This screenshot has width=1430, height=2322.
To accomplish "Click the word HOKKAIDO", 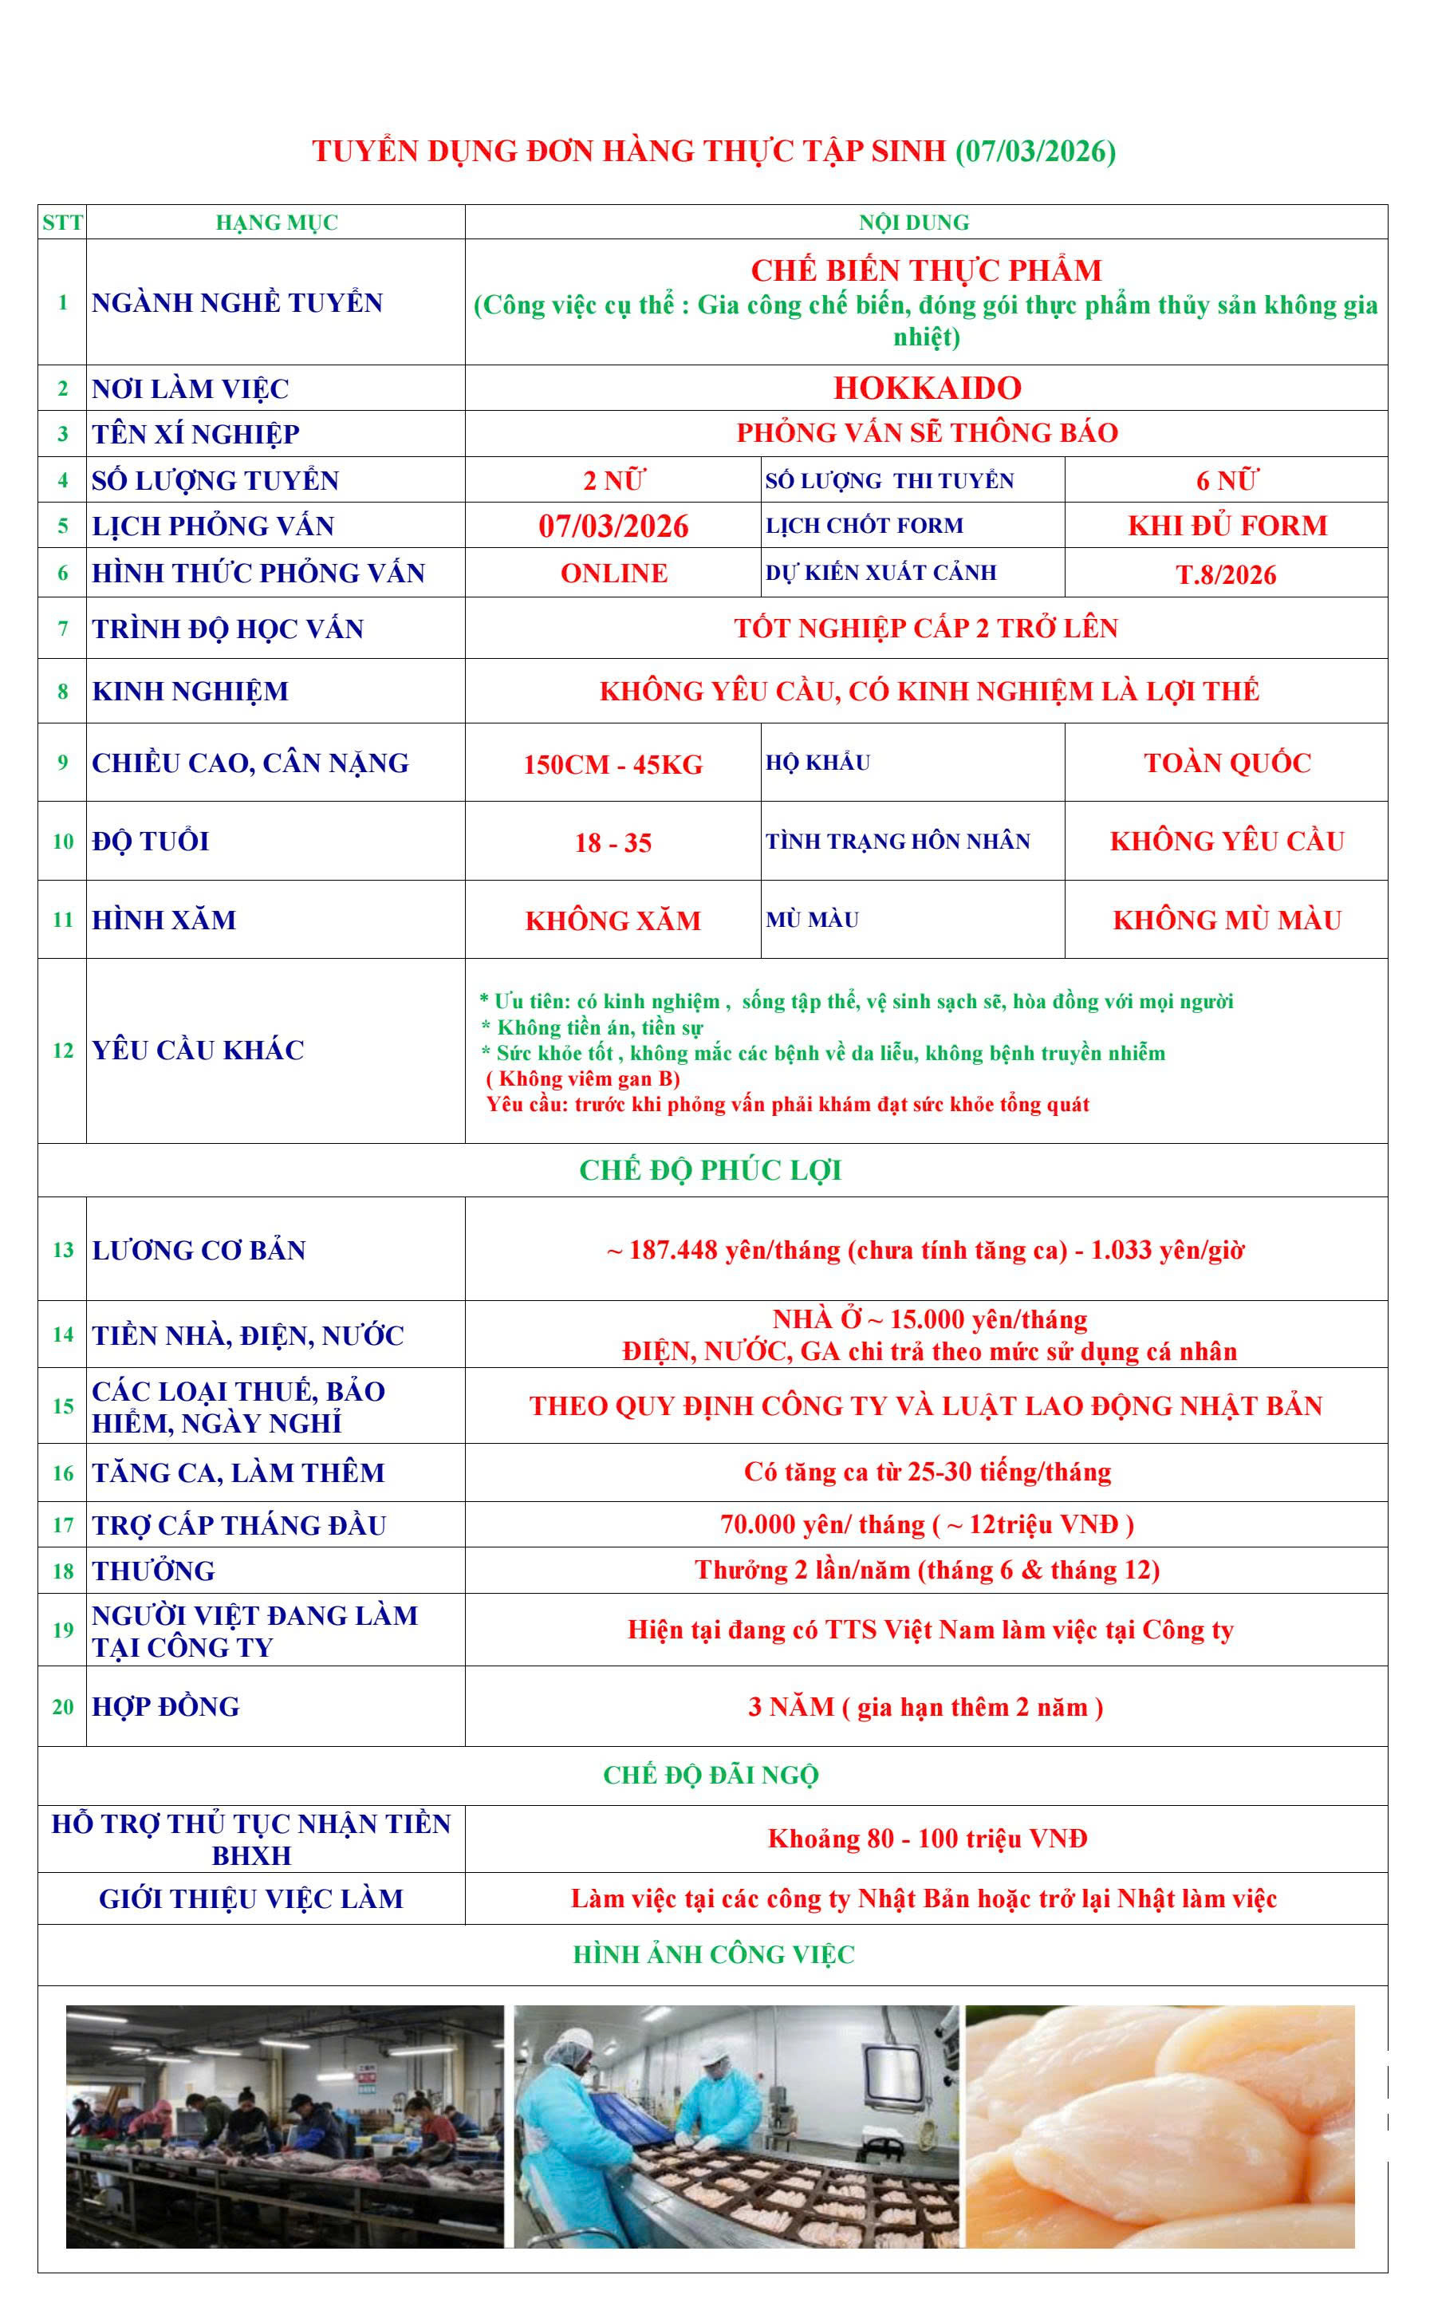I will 927,388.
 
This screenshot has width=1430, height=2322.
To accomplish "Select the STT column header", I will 62,223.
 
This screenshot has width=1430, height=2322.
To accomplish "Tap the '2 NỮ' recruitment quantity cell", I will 613,480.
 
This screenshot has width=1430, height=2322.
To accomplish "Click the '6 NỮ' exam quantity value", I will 1227,480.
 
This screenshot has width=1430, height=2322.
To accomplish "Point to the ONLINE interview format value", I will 614,574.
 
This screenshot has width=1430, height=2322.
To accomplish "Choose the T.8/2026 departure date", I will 1227,575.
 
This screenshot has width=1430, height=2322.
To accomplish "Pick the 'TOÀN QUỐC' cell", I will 1227,763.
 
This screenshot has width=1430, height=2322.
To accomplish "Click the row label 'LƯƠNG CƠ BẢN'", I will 199,1251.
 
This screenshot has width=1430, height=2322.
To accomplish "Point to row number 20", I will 62,1707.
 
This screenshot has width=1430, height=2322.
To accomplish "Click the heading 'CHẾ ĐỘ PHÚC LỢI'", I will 711,1171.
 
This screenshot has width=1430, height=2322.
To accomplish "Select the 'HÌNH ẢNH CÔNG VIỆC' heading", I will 714,1955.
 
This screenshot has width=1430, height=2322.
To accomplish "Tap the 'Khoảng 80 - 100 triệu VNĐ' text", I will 927,1839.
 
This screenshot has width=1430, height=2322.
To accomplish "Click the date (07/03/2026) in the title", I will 1036,152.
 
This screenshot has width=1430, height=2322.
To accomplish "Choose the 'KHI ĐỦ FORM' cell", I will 1227,526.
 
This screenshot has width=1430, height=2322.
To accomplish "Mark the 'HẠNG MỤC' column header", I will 276,223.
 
